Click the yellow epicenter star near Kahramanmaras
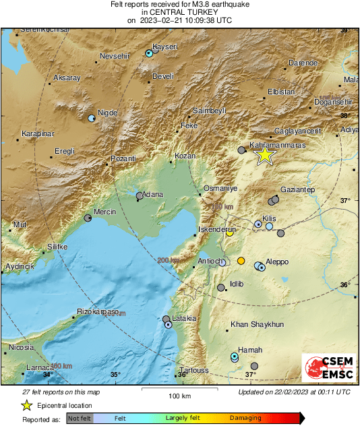265,155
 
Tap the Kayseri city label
166,47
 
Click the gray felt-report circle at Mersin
88,218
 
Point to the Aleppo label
276,262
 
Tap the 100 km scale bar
179,390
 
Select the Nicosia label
20,348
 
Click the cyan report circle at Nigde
92,119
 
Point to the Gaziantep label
297,189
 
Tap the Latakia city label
183,318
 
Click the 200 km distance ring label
169,260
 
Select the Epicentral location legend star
26,405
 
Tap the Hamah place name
250,350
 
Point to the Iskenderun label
215,230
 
